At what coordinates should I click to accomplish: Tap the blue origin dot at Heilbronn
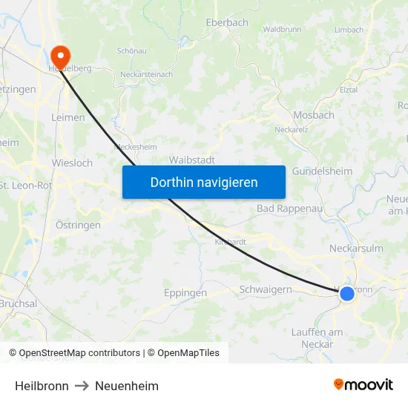pyautogui.click(x=346, y=294)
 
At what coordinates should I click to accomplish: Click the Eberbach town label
pyautogui.click(x=227, y=23)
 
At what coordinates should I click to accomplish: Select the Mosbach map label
pyautogui.click(x=314, y=116)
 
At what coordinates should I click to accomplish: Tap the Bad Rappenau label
pyautogui.click(x=289, y=208)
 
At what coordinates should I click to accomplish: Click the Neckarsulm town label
pyautogui.click(x=356, y=249)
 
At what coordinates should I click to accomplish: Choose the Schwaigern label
pyautogui.click(x=266, y=290)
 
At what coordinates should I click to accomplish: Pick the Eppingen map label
pyautogui.click(x=185, y=293)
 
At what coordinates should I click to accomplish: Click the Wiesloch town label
pyautogui.click(x=72, y=162)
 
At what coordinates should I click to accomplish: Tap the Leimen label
pyautogui.click(x=68, y=117)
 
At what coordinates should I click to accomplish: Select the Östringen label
pyautogui.click(x=79, y=224)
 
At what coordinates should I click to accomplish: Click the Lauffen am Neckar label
pyautogui.click(x=317, y=338)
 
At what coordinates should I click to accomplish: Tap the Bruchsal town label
pyautogui.click(x=17, y=304)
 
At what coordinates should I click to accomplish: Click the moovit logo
pyautogui.click(x=363, y=385)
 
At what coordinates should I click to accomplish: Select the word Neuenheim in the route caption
pyautogui.click(x=127, y=386)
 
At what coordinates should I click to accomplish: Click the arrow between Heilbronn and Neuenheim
pyautogui.click(x=82, y=386)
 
